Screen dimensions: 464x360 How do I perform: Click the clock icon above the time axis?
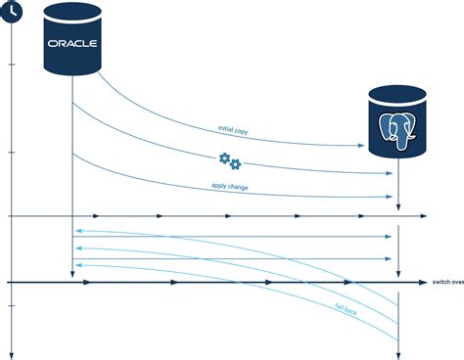[10, 10]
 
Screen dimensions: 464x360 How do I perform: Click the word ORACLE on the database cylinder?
[73, 44]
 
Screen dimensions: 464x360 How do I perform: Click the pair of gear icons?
[229, 160]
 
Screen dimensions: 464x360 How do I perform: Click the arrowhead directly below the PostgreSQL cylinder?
[398, 205]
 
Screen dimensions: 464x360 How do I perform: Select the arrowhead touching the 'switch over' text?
[422, 283]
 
